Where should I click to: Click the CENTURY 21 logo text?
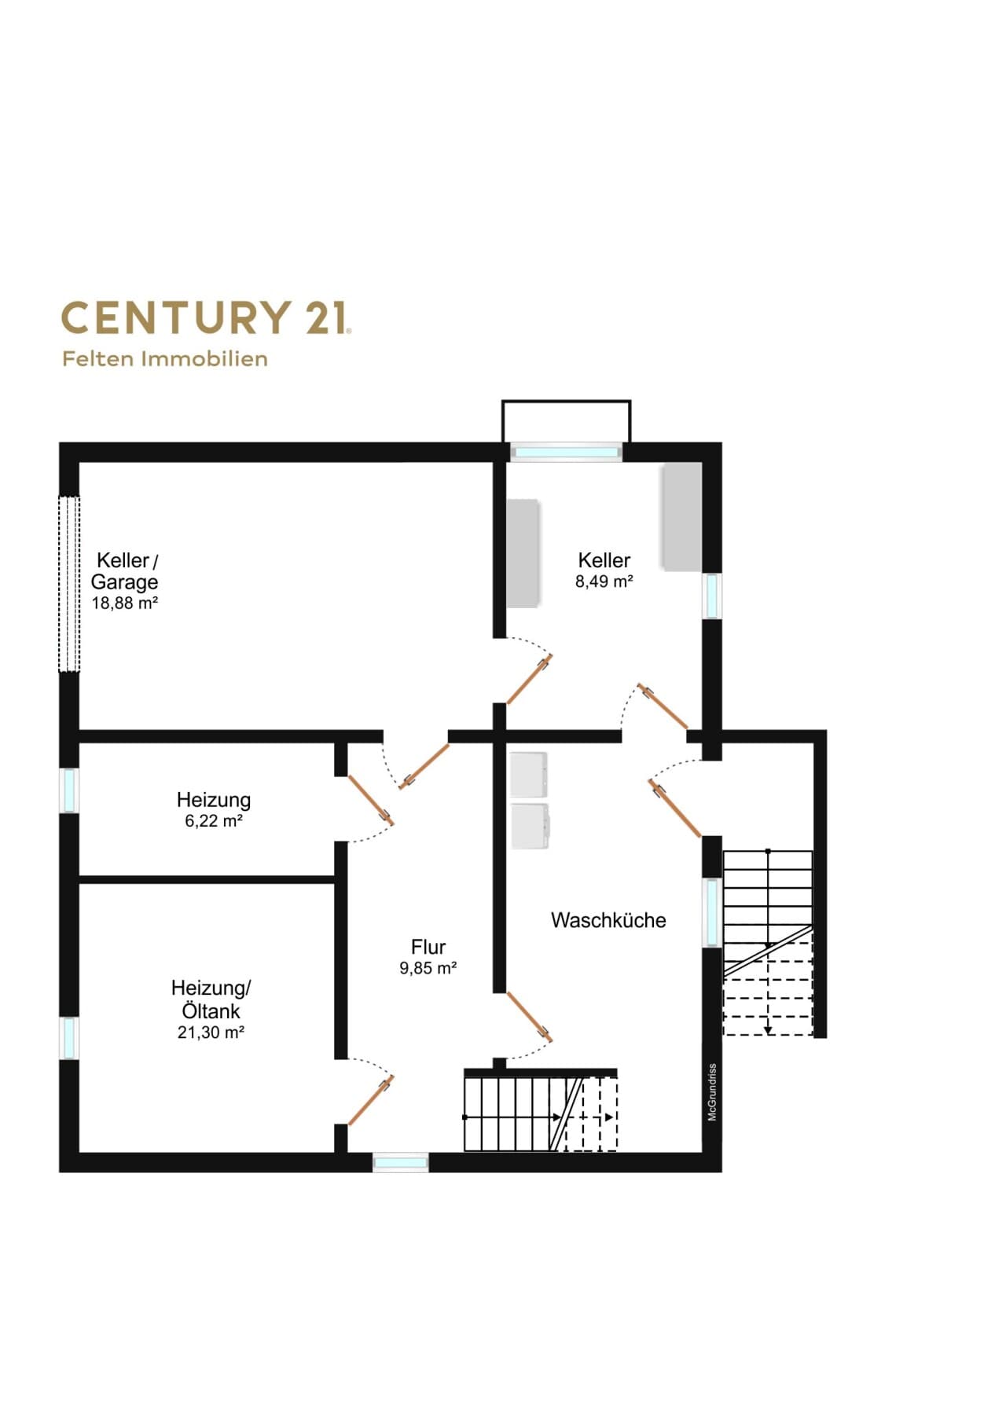[206, 317]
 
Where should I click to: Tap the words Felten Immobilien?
[165, 359]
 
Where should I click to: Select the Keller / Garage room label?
[125, 571]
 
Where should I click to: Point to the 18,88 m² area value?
[125, 603]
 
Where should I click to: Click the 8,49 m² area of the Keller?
[604, 581]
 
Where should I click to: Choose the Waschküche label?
[608, 920]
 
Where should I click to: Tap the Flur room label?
[428, 947]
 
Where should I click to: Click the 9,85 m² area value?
[428, 968]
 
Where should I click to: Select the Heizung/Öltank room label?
[211, 999]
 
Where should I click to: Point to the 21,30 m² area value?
[211, 1032]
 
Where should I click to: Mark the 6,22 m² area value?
[214, 821]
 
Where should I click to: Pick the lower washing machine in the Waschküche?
[531, 825]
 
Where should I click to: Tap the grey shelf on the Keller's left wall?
[523, 553]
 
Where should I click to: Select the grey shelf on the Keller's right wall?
[681, 517]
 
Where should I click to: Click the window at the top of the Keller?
[566, 452]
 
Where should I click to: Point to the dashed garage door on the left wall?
[69, 584]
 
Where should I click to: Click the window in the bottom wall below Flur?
[401, 1162]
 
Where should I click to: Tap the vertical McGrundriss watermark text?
[712, 1092]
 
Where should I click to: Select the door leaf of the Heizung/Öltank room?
[370, 1102]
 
